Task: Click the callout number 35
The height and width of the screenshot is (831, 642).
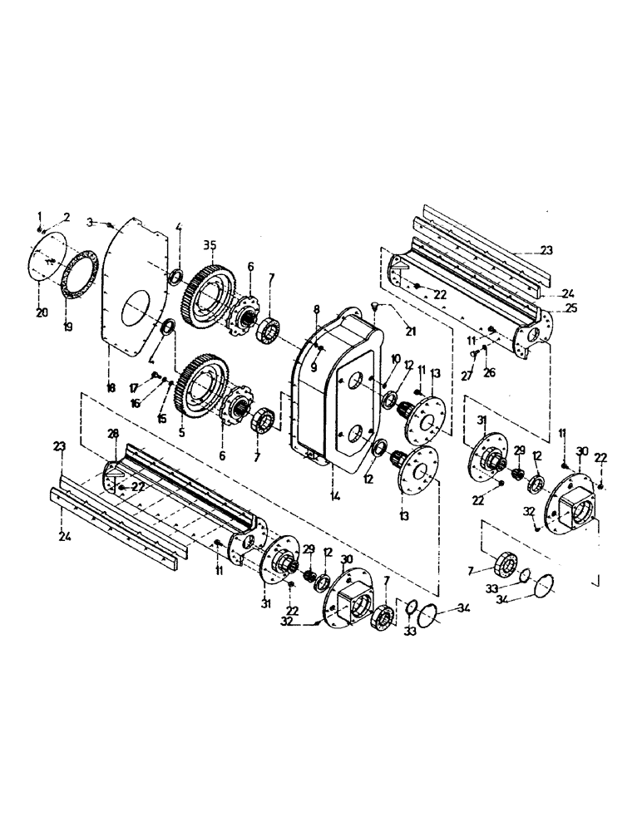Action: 209,244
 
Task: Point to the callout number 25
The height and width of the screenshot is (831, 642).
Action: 547,307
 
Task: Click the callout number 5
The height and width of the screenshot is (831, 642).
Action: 180,432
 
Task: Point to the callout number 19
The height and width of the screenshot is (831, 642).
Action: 68,327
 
